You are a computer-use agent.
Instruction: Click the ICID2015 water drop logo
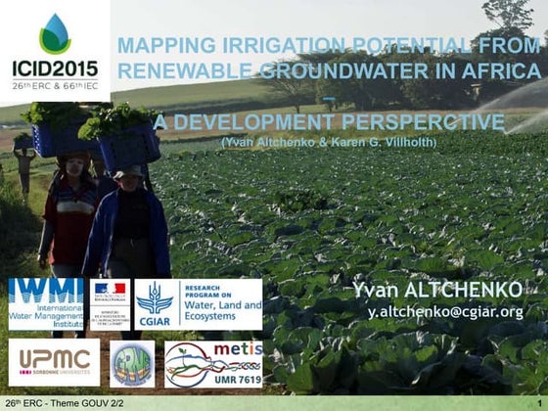point(55,32)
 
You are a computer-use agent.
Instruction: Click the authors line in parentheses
point(328,143)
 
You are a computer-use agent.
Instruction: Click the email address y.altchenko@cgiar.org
point(445,312)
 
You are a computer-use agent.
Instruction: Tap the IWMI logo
point(46,303)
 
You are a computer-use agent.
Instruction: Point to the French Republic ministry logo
point(110,303)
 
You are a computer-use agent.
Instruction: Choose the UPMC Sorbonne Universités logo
point(54,361)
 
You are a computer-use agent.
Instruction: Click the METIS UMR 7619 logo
point(213,362)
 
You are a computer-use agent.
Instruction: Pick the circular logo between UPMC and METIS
point(131,362)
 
